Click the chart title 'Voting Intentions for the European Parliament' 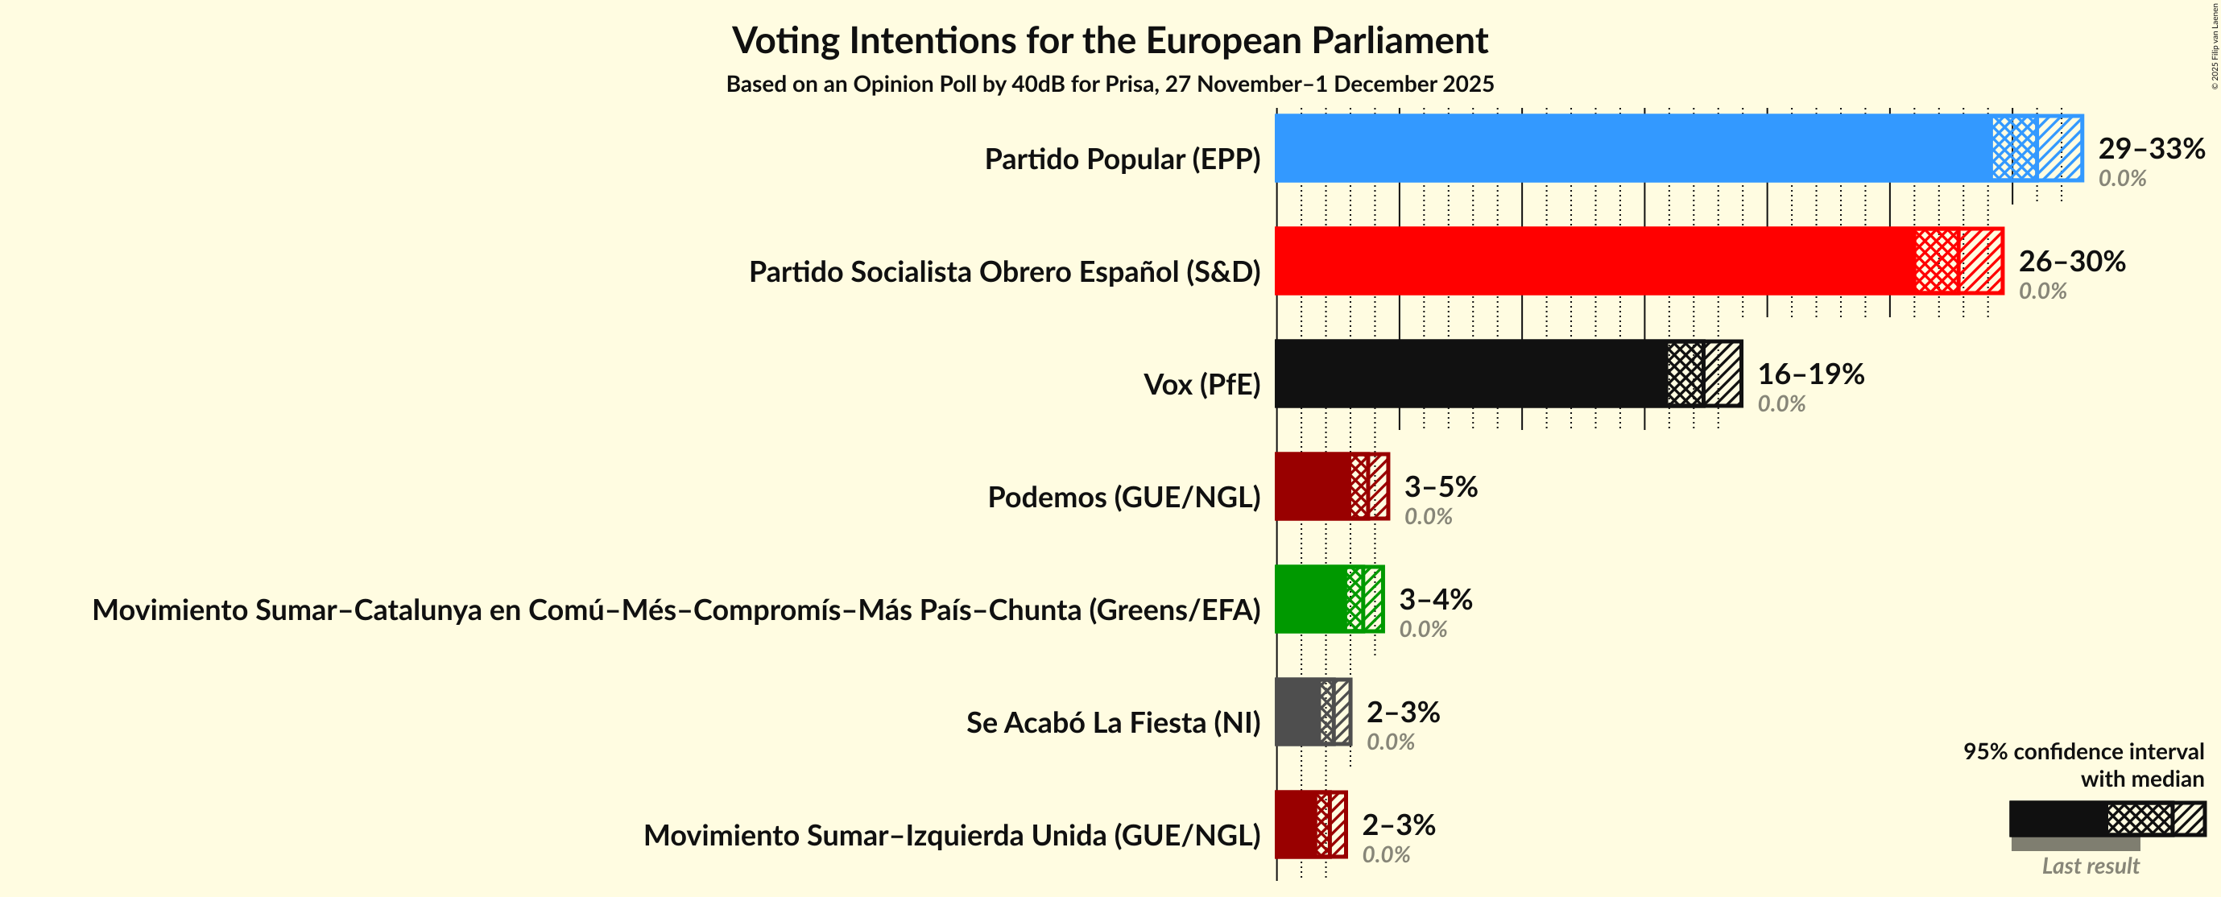tap(1110, 40)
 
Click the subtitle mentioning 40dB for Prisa tap(1110, 85)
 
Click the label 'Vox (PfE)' tap(1201, 385)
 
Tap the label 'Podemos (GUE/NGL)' tap(1123, 498)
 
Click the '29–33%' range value tap(2150, 148)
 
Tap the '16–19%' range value tap(1809, 374)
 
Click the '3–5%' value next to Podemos tap(1440, 486)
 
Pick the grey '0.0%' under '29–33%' tap(2121, 179)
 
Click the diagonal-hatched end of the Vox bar tap(1722, 374)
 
